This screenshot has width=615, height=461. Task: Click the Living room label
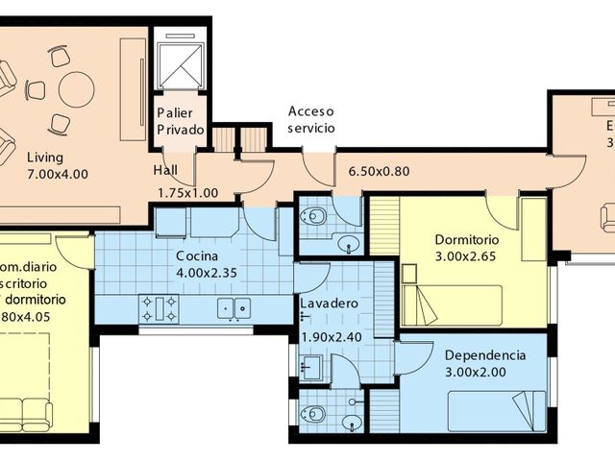click(45, 158)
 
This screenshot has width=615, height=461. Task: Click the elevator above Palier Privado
click(180, 62)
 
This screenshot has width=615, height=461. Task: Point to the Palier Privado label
click(180, 121)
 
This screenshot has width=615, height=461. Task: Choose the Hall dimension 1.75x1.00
click(187, 192)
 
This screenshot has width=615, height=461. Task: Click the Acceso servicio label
click(312, 119)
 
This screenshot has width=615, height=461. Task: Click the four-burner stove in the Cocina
click(160, 308)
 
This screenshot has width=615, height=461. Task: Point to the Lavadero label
click(330, 303)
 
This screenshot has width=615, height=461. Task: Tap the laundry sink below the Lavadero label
click(310, 366)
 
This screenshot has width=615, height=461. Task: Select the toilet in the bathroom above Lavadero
click(313, 217)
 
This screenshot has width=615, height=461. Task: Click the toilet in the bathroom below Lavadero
click(312, 416)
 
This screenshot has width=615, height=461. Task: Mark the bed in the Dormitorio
click(452, 304)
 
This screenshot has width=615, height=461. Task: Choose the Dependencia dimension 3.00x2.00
click(484, 373)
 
